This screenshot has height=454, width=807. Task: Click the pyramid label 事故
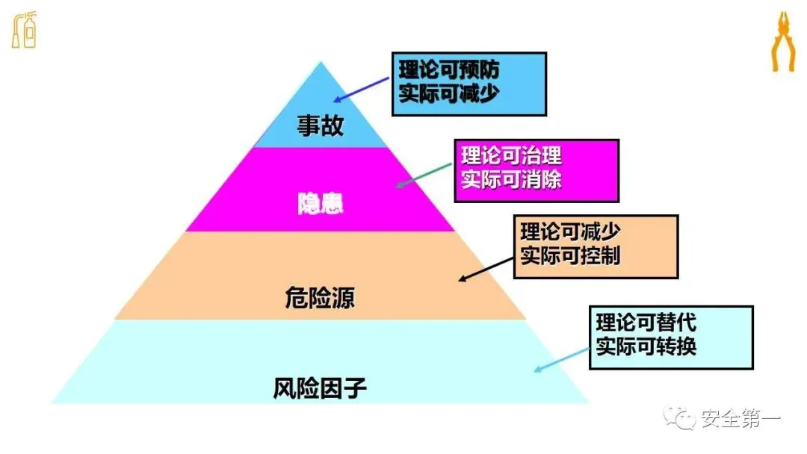321,125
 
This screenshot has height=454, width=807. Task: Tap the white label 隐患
321,204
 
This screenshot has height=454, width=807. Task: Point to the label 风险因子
320,388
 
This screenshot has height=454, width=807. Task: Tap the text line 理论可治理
511,157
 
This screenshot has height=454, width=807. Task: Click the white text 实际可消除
511,181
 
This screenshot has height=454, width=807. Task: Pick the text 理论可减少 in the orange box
570,232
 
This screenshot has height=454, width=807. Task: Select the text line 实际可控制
570,256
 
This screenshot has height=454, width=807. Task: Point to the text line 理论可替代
646,323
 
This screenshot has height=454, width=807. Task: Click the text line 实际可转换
646,347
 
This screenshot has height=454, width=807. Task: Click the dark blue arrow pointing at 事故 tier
362,89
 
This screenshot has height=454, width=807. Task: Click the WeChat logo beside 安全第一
681,419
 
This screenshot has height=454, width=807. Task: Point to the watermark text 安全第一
740,420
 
